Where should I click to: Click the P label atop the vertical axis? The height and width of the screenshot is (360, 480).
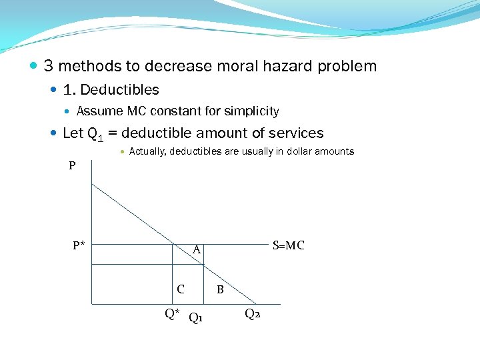72,166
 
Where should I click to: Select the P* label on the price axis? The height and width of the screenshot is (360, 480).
79,245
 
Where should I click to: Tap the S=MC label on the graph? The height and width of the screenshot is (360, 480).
289,245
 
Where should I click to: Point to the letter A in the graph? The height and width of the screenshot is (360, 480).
197,251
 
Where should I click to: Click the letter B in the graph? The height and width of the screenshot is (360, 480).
220,290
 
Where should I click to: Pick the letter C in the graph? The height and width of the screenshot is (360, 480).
181,289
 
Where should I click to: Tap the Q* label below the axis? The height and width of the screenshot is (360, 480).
172,313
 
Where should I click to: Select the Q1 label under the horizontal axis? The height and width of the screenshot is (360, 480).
196,317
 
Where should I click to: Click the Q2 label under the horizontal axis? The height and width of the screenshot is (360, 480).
252,314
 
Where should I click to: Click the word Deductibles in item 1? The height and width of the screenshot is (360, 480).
119,89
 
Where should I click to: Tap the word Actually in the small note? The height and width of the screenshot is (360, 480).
147,151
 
